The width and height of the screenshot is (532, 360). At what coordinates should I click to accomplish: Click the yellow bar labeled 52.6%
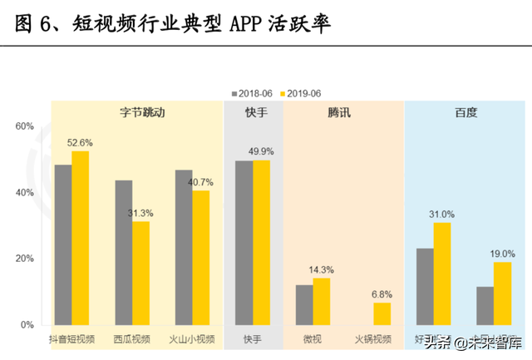coord(80,238)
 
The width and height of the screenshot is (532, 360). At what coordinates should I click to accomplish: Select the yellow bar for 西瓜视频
coord(141,273)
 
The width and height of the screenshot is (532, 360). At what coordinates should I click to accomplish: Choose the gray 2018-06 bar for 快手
coord(244,242)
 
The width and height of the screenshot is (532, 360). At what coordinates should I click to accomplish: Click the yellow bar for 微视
coord(322,301)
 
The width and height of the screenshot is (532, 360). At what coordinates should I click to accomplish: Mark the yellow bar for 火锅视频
coord(382,313)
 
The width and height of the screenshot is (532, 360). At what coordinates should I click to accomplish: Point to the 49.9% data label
coord(261,151)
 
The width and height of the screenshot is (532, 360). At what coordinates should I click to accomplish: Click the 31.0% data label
coord(442,214)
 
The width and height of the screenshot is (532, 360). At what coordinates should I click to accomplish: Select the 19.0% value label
coord(503,254)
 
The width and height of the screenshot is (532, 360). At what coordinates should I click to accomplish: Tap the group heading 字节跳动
coord(136,112)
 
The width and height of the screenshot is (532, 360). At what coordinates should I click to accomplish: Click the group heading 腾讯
coord(339,112)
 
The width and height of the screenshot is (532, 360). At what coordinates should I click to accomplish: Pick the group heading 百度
coord(465,112)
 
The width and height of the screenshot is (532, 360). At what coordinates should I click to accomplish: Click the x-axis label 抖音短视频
coord(71,339)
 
